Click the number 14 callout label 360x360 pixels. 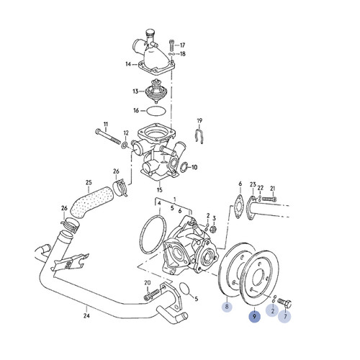click(127, 64)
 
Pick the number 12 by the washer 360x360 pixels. click(126, 133)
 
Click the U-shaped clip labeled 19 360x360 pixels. click(202, 135)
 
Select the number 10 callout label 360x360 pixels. click(193, 168)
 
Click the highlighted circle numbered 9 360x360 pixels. click(254, 316)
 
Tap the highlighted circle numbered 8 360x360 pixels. click(227, 307)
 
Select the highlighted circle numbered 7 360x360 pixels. click(286, 316)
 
